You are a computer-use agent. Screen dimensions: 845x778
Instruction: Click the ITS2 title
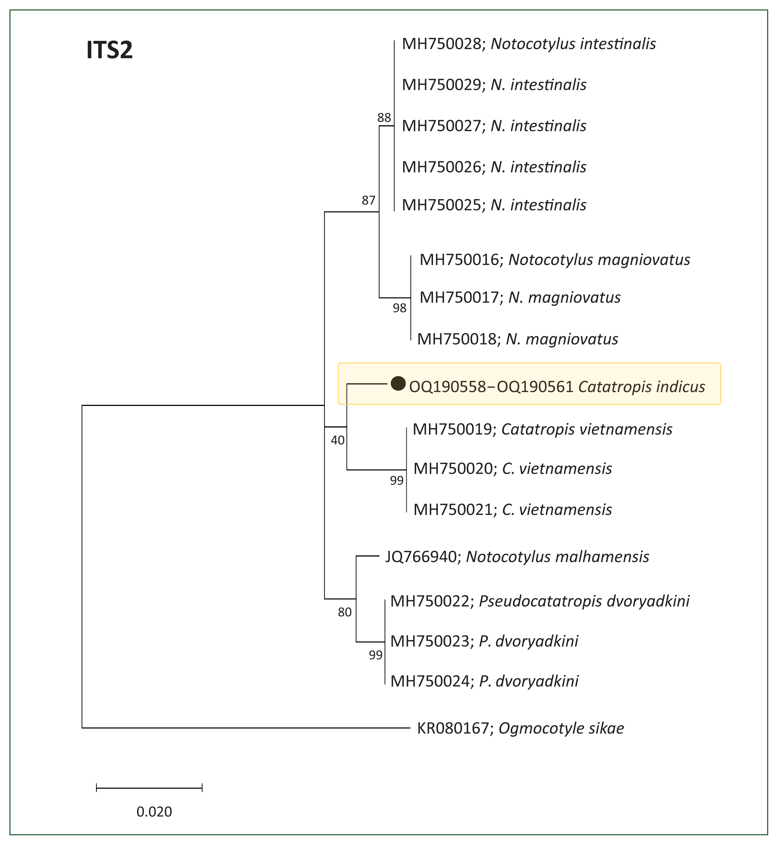point(110,50)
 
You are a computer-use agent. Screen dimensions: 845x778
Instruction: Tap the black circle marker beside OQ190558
point(398,383)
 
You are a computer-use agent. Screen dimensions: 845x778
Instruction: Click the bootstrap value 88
point(384,118)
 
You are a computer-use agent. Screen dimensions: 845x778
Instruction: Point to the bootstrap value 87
point(368,200)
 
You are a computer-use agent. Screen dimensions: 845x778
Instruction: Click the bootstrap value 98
point(400,308)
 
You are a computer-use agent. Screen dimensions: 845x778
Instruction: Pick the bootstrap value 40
point(338,440)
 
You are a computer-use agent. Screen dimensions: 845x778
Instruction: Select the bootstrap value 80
point(344,612)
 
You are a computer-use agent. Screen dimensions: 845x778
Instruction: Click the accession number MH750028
point(442,44)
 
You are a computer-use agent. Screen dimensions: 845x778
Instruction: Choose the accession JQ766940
point(421,557)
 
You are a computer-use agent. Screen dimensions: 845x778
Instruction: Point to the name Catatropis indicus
point(641,387)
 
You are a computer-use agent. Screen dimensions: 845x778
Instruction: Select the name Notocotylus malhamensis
point(557,557)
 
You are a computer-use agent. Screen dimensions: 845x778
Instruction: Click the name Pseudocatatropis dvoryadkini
point(584,601)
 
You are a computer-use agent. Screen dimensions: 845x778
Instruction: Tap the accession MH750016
point(459,260)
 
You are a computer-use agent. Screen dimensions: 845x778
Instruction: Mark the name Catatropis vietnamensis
point(587,429)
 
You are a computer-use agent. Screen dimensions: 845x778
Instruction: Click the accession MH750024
point(430,681)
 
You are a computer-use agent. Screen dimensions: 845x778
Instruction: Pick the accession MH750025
point(442,205)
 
